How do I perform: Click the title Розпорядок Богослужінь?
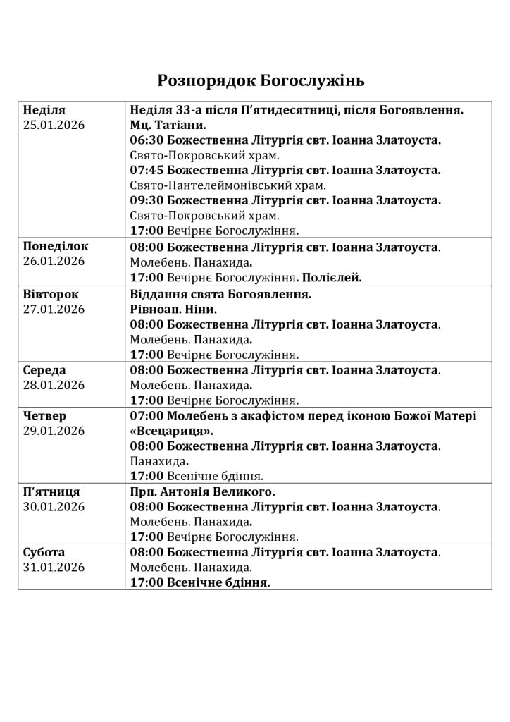261,80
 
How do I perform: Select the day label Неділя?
44,110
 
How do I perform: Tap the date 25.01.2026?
54,125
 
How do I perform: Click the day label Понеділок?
56,247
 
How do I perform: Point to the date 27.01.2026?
54,309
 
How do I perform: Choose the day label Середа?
44,370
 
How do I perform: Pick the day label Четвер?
44,416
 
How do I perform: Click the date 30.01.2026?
54,507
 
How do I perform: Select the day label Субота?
44,552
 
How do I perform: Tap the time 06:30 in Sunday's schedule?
147,140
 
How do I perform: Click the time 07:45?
147,171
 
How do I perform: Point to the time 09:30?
147,201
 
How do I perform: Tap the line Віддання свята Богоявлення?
220,293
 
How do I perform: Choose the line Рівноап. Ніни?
173,309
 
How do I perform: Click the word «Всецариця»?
172,431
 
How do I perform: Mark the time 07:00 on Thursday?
147,416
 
